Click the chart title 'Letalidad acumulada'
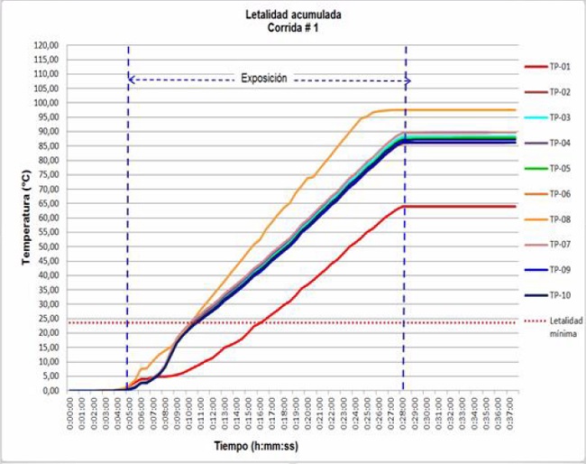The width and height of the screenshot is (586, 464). point(292,14)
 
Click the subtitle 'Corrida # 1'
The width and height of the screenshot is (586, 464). point(292,27)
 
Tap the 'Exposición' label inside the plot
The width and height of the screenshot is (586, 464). point(264,79)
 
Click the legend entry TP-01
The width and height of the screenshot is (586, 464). point(560,66)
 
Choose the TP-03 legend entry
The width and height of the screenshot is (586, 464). point(560,117)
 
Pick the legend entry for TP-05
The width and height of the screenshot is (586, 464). point(560,168)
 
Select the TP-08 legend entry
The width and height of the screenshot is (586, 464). point(560,218)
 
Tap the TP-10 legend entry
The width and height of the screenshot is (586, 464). point(560,294)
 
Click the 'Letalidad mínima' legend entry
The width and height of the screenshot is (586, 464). point(561,326)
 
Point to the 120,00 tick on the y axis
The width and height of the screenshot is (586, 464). point(46,45)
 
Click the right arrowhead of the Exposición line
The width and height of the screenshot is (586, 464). point(407,80)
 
